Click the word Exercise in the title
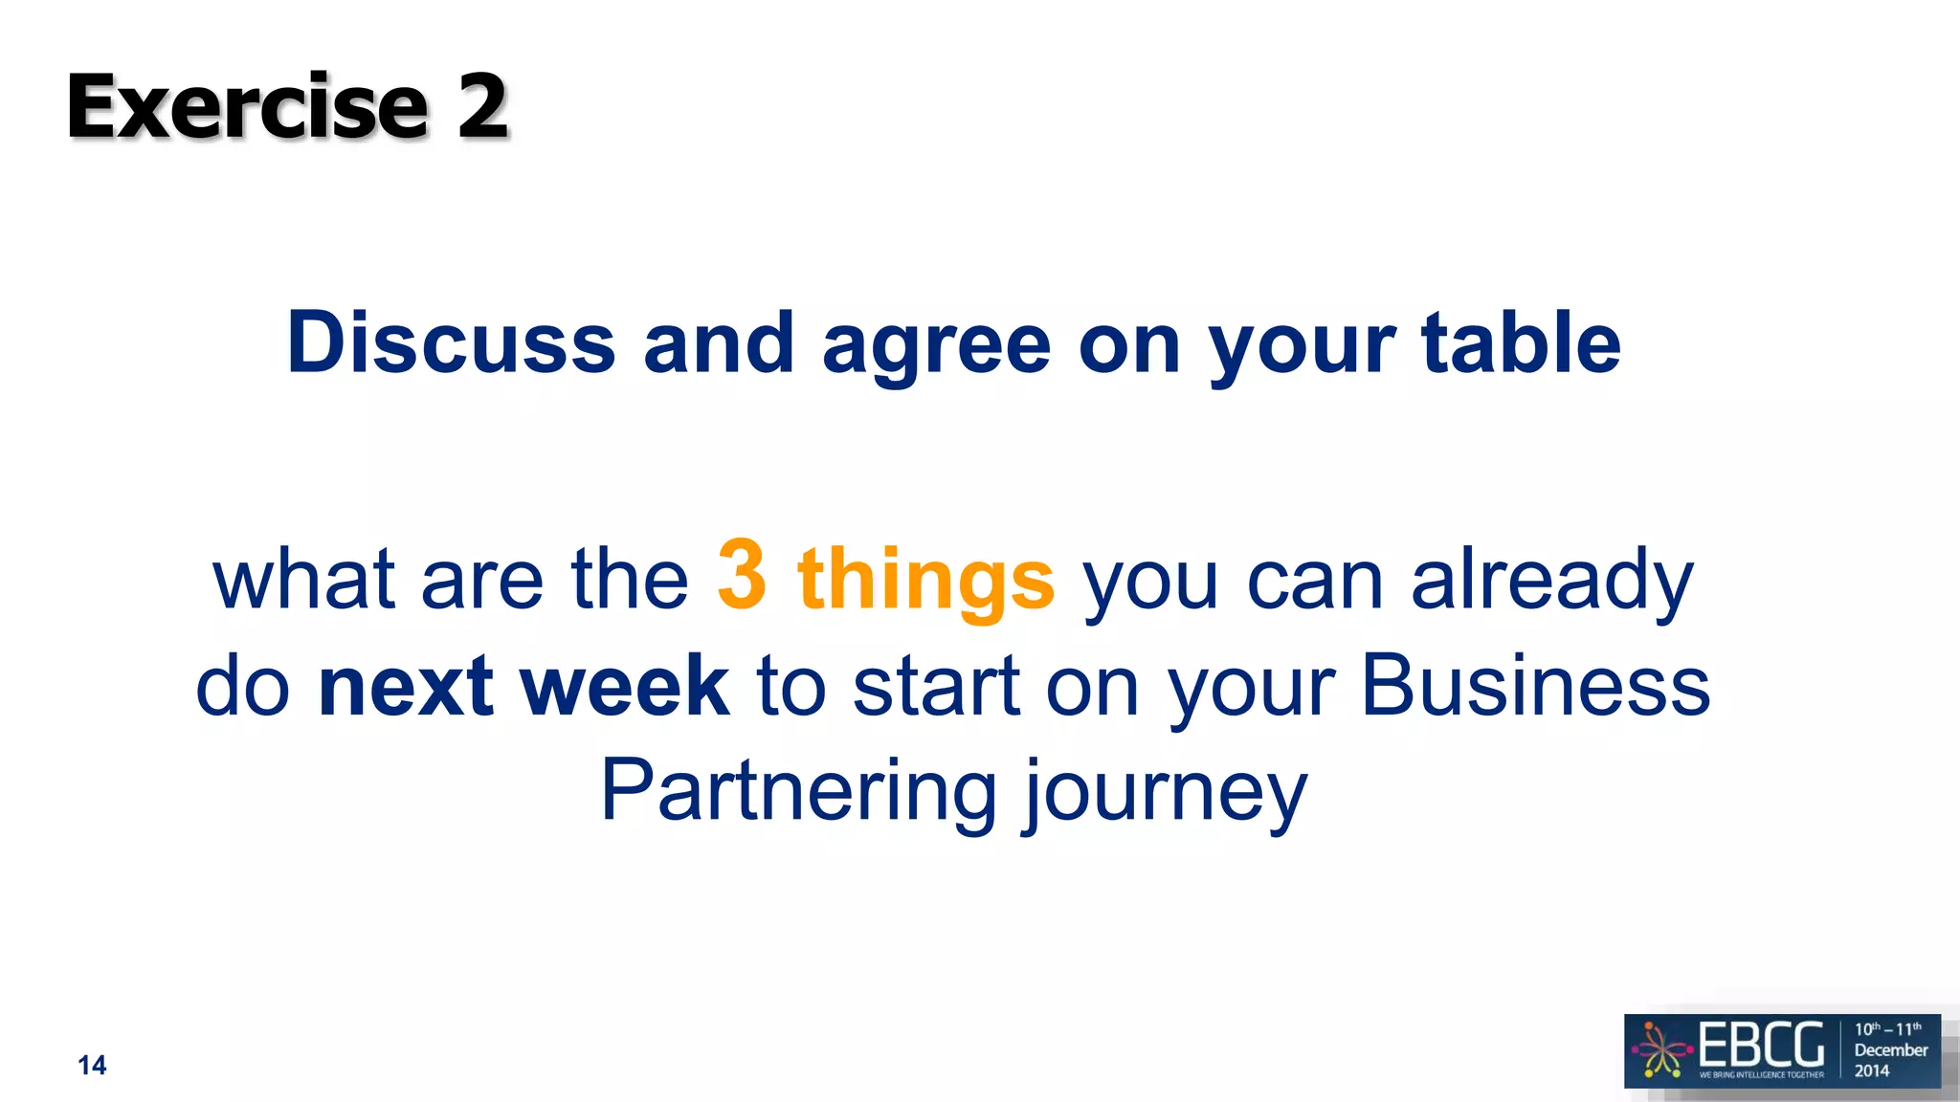[x=247, y=106]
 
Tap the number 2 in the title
[x=481, y=106]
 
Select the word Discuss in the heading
[x=451, y=342]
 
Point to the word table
[x=1521, y=342]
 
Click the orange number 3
[x=742, y=574]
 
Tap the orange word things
[x=925, y=580]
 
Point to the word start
[x=936, y=686]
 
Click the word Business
[x=1535, y=686]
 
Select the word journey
[x=1164, y=794]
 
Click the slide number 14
[x=92, y=1066]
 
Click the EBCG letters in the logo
[x=1761, y=1045]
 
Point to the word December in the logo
[x=1890, y=1049]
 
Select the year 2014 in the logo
[x=1872, y=1070]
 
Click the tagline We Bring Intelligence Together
[x=1761, y=1075]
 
